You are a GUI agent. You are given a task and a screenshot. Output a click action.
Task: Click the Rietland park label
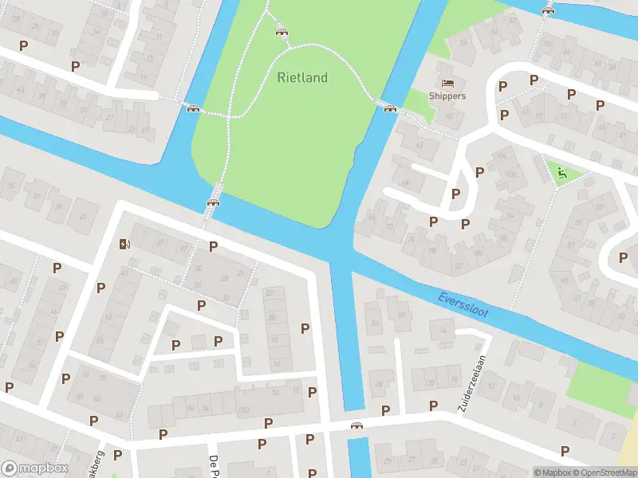pos(302,77)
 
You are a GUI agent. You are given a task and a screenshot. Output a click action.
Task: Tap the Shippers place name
pos(447,96)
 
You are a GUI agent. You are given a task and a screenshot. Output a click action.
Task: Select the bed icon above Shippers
pos(447,82)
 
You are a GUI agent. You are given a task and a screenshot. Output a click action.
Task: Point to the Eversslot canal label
pos(463,306)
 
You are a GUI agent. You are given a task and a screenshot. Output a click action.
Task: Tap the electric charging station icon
pos(123,244)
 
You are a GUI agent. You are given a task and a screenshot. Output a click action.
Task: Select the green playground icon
pos(561,171)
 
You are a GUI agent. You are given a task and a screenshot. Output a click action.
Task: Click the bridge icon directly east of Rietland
pos(390,108)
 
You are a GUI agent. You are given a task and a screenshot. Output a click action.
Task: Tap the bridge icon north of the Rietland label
pos(281,31)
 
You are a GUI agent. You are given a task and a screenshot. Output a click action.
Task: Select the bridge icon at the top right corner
pos(547,10)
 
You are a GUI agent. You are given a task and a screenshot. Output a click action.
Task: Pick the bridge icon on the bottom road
pos(357,425)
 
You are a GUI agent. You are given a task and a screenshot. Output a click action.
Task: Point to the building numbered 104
pos(502,156)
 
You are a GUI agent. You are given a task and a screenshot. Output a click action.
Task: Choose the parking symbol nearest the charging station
pos(101,287)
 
